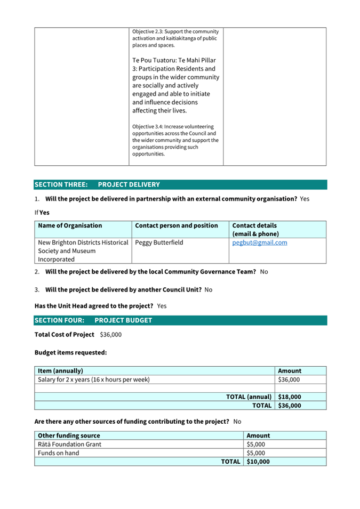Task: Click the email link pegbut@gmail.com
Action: click(x=260, y=243)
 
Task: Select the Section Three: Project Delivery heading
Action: click(x=97, y=184)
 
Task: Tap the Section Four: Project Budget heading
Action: click(x=93, y=320)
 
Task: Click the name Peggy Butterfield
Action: click(x=159, y=243)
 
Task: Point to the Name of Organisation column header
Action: click(x=70, y=225)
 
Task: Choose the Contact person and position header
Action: click(x=177, y=225)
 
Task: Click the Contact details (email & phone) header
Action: click(x=255, y=230)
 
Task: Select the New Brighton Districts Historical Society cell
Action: click(x=83, y=251)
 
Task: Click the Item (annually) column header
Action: click(x=60, y=370)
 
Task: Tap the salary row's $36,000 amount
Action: click(x=289, y=379)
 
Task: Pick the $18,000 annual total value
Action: click(x=290, y=397)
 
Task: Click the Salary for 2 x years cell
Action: click(x=93, y=379)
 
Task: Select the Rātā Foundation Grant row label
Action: click(x=69, y=444)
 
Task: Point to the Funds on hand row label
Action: click(x=59, y=453)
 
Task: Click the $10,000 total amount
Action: click(x=258, y=462)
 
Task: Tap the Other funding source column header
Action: click(x=69, y=435)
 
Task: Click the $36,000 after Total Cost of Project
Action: click(x=110, y=335)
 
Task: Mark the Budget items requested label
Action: click(x=70, y=352)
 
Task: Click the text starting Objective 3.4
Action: click(x=175, y=140)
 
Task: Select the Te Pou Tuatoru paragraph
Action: click(x=175, y=85)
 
